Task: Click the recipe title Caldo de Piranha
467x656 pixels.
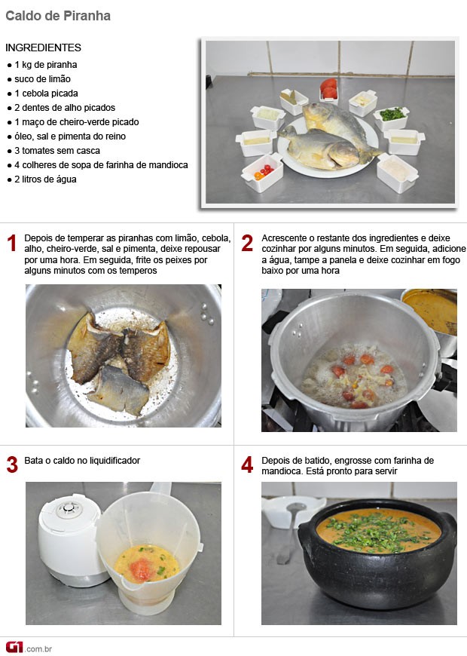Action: [58, 16]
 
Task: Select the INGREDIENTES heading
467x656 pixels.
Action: [43, 48]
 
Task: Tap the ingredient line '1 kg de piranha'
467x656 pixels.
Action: [46, 65]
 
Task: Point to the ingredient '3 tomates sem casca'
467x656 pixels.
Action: [56, 151]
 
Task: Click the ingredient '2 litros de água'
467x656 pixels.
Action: [45, 179]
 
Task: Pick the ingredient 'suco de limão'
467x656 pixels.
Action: [42, 79]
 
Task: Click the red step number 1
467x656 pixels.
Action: [12, 243]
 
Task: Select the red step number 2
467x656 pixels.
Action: [247, 243]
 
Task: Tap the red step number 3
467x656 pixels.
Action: [12, 464]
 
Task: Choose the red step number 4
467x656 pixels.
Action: [247, 464]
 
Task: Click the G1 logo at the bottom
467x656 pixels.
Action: [14, 647]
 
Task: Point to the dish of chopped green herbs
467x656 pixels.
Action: [392, 118]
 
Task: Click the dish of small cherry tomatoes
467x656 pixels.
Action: [263, 172]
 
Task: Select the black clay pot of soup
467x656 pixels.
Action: [377, 552]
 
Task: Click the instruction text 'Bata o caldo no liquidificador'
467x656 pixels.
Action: [82, 461]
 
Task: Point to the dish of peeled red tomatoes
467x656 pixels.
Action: [329, 90]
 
